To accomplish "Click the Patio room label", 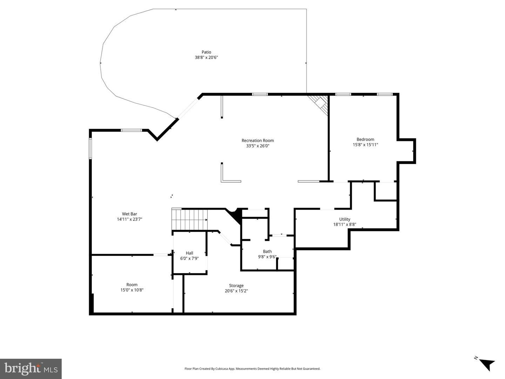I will pos(206,52).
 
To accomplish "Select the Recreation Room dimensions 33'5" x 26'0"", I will pos(257,146).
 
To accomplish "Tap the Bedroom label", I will pos(365,139).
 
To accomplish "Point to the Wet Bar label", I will pos(129,214).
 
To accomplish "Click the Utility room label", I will pos(344,219).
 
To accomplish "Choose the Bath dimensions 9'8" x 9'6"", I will pos(267,257).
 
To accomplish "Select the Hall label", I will pos(189,253).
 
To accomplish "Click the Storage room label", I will pos(236,285).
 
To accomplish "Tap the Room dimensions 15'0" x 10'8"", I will pos(132,290).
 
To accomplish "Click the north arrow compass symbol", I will pos(486,363).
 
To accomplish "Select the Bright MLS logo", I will pos(31,368).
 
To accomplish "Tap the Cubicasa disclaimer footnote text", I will pos(252,368).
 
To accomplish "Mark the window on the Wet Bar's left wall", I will pos(90,148).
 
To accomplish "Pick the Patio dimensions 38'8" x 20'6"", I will pos(206,57).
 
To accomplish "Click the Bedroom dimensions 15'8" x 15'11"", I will pos(365,144).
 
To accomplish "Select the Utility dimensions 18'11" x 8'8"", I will pos(344,224).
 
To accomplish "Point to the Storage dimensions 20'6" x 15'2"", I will pos(236,291).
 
